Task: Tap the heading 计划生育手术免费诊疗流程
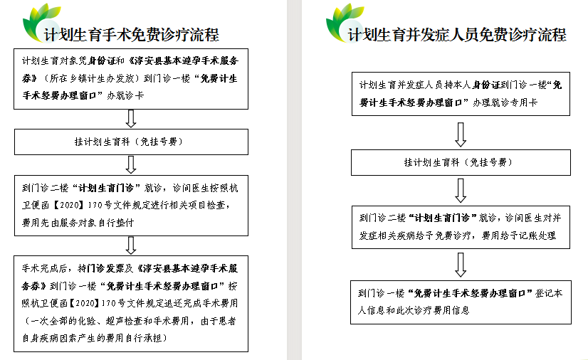(131, 35)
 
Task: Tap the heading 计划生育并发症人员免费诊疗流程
(457, 35)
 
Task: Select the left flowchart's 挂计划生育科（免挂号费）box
(131, 142)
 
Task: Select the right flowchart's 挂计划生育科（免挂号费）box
(461, 163)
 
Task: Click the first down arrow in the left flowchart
(131, 119)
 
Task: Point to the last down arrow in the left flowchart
(131, 245)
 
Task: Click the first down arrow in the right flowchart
(461, 134)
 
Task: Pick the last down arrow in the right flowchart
(461, 265)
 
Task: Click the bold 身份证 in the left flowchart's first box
(100, 60)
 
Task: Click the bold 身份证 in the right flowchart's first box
(486, 85)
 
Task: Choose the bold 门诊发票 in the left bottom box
(106, 268)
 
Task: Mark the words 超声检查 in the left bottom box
(124, 321)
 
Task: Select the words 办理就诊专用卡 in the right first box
(505, 102)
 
